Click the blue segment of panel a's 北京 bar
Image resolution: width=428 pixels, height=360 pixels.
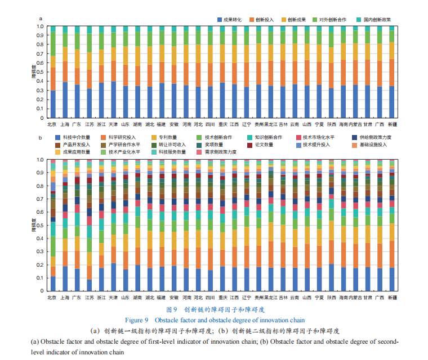pos(53,104)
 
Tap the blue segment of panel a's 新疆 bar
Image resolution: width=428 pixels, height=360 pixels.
pos(392,102)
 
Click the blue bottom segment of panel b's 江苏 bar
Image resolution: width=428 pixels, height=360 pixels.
pos(89,285)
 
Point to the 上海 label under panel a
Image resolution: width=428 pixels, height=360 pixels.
pos(64,124)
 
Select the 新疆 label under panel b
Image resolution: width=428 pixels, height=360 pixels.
pos(392,296)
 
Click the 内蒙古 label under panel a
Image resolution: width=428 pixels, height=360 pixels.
pos(355,124)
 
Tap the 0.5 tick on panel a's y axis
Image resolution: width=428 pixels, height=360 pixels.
pos(39,72)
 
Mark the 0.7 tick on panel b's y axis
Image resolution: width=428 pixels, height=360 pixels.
pos(39,199)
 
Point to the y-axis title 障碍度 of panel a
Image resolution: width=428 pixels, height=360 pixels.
pos(34,71)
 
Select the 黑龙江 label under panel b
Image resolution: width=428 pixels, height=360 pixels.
pos(271,296)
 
